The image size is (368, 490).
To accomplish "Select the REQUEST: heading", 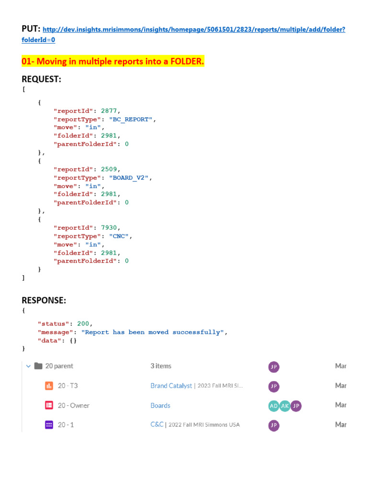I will point(41,79).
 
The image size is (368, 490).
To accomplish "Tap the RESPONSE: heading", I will point(44,300).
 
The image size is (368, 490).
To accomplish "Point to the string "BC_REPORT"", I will point(132,119).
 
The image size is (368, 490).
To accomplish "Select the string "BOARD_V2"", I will point(130,178).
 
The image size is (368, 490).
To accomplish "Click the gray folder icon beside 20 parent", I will point(39,366).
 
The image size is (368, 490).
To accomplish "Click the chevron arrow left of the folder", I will point(27,366).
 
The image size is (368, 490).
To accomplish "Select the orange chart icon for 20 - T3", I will point(49,386).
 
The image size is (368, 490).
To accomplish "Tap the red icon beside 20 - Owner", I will point(49,405).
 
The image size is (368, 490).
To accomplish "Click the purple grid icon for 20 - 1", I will point(49,425).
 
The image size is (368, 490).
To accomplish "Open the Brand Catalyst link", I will point(171,386).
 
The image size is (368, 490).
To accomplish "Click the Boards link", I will point(160,405).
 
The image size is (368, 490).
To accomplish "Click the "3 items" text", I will point(161,366).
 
